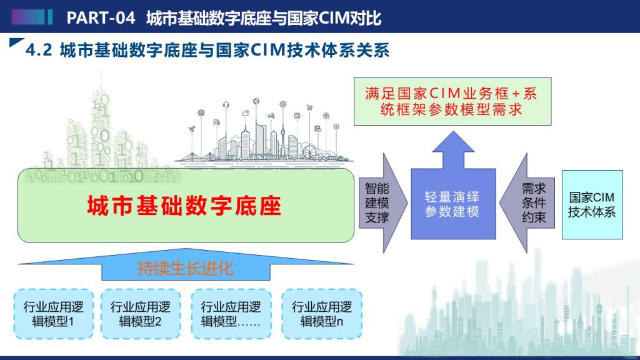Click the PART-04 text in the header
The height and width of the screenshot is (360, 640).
101,18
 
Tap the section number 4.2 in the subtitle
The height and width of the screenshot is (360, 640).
39,50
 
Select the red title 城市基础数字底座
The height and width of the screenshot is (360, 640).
184,205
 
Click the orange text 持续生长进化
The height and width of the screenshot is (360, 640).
186,268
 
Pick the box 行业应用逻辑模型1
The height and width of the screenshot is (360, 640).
54,314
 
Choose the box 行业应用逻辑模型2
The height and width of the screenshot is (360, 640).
141,314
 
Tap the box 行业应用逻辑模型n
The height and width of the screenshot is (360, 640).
322,314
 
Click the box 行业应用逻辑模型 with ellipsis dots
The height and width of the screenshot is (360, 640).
231,314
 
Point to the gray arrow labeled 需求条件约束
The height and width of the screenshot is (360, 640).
527,203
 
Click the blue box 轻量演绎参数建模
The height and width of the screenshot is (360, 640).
453,204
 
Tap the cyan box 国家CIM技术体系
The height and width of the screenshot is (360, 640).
592,204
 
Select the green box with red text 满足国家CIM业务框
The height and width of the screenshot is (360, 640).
452,101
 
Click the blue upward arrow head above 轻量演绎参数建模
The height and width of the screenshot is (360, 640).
453,142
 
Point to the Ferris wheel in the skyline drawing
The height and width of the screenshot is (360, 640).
309,152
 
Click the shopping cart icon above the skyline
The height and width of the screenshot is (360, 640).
309,107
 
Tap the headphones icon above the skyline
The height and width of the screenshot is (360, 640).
226,105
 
